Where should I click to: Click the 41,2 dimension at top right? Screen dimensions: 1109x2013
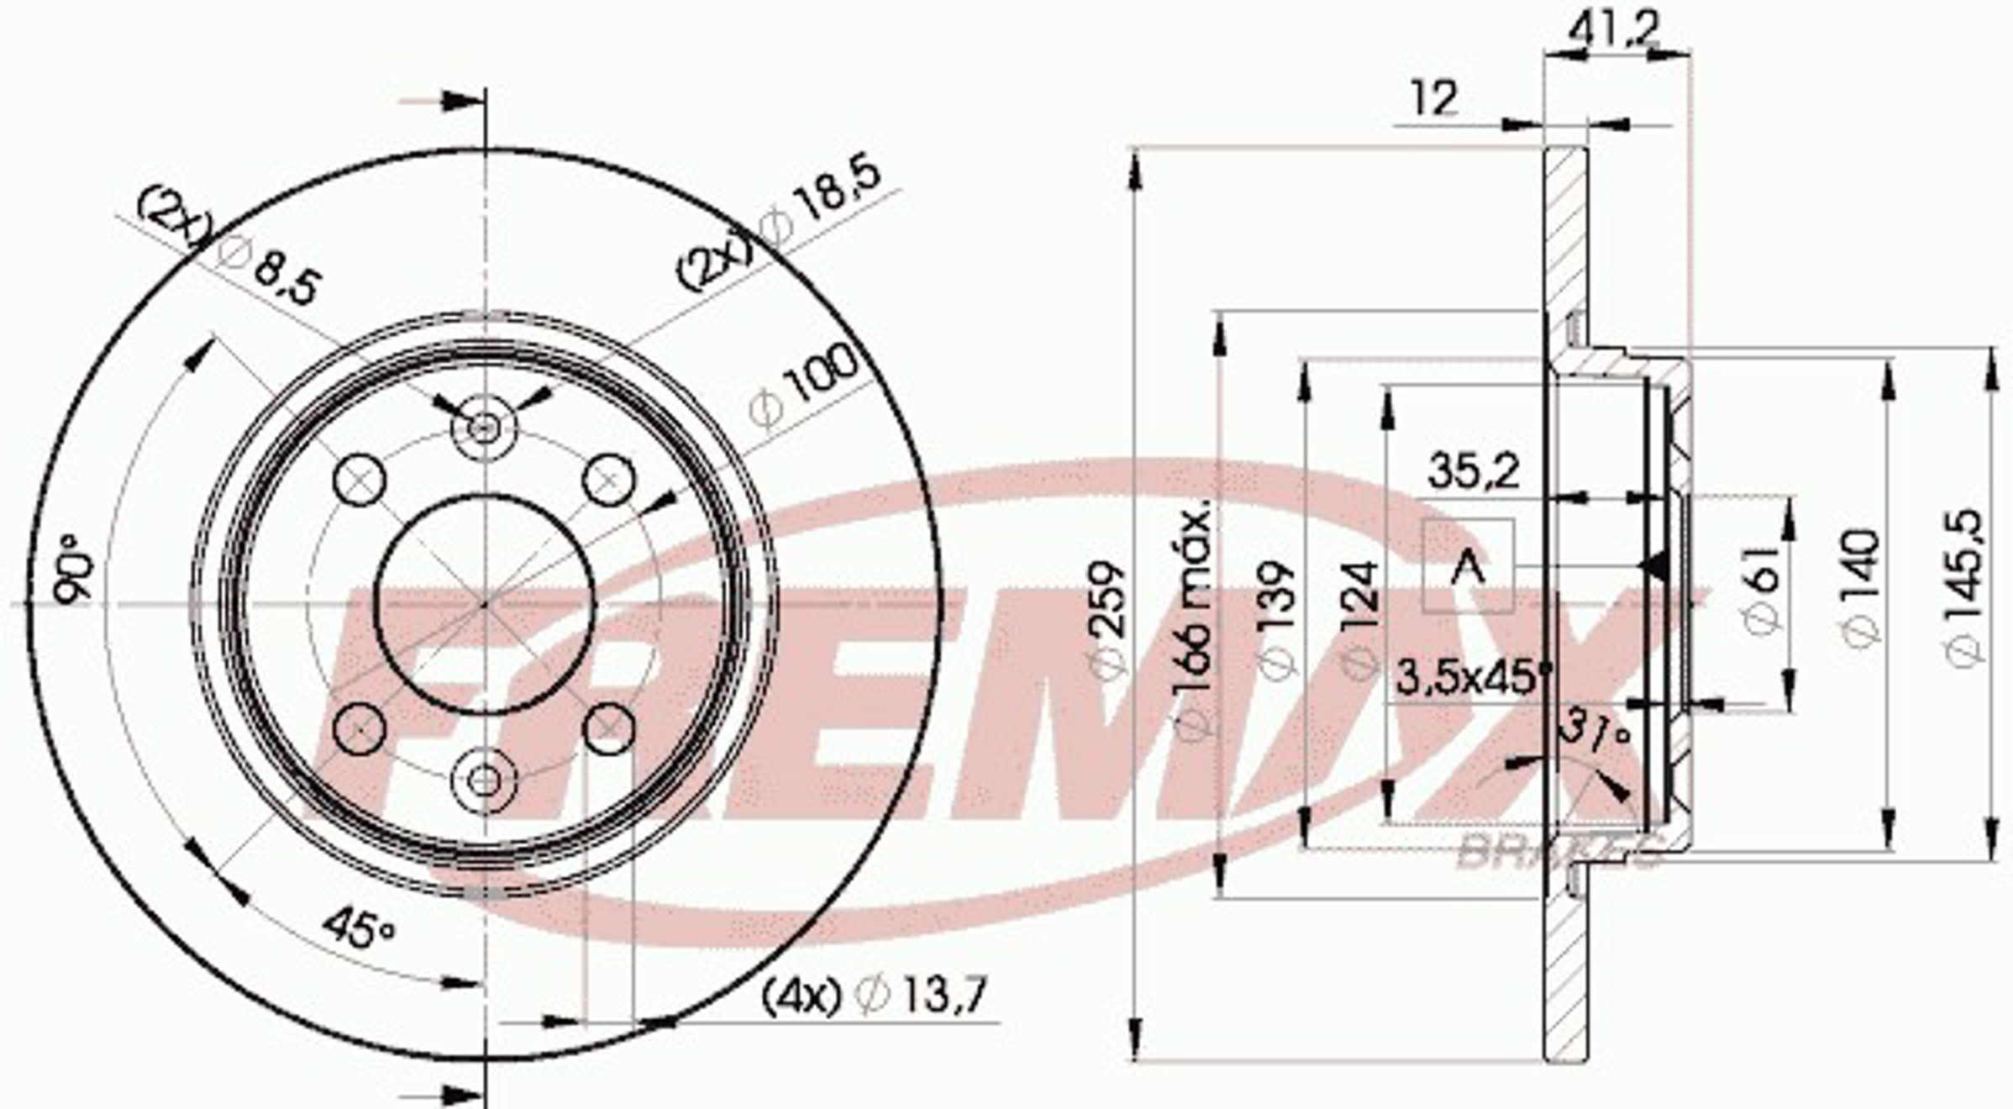coord(1614,31)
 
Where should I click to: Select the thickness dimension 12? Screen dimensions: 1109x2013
coord(1434,99)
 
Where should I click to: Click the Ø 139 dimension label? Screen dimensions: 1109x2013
coord(1275,618)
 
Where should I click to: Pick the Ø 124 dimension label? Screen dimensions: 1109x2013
coord(1359,618)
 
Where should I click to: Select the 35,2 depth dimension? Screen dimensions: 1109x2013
coord(1473,472)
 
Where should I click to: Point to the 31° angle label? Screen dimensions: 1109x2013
coord(1593,732)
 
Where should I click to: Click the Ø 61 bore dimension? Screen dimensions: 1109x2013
coord(1762,588)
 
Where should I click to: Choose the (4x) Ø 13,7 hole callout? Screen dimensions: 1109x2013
coord(874,996)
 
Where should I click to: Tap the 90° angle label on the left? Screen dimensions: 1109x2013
coord(74,568)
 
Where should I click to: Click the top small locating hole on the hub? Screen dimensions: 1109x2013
coord(483,428)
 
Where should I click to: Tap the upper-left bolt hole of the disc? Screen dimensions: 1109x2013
coord(360,480)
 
